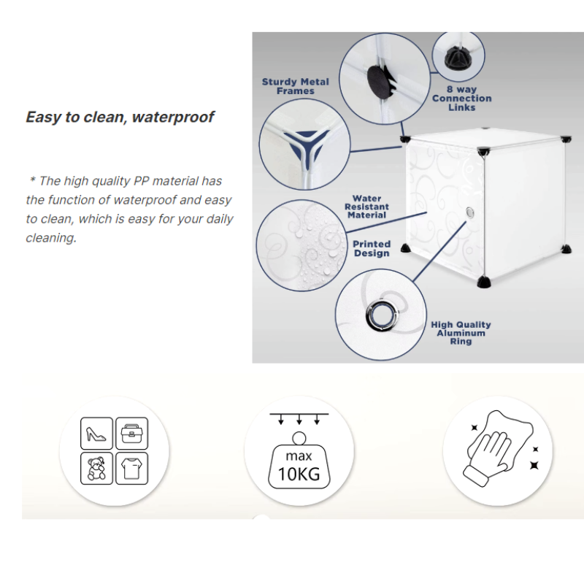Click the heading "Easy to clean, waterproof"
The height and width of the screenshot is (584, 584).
120,117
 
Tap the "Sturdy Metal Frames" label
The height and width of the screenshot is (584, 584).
296,86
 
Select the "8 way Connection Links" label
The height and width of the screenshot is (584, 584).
462,99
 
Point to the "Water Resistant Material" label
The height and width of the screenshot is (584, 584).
366,207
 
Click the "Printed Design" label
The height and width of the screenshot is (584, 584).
372,249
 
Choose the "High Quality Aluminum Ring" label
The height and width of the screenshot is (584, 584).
461,333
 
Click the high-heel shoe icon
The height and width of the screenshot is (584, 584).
96,433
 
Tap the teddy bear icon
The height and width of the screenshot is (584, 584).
96,468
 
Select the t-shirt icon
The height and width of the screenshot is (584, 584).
132,468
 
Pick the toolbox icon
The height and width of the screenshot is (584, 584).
132,433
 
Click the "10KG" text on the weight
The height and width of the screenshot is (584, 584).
299,474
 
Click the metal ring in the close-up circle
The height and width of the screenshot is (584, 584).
382,315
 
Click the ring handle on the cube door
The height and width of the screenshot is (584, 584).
470,212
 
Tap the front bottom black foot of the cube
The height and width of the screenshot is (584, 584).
484,282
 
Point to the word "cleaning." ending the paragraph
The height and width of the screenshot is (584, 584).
51,238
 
